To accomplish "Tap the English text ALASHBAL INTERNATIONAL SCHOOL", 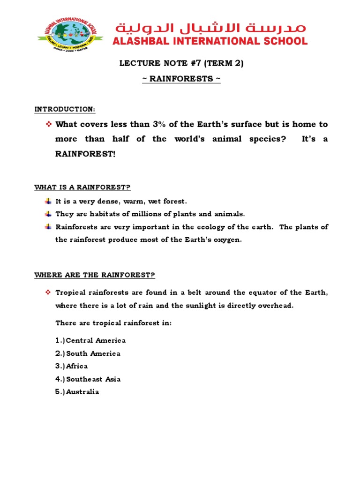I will coord(210,41).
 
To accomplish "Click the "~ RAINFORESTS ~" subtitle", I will coord(181,78).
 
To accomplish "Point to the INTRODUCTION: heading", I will coord(65,109).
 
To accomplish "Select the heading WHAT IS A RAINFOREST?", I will coord(82,187).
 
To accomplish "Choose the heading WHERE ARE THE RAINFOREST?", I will coord(95,275).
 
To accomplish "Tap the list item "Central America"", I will coord(96,340).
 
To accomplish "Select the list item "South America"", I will coord(93,353).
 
